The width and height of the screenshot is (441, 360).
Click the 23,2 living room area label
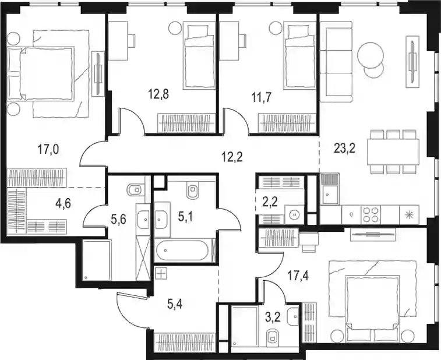pos(344,149)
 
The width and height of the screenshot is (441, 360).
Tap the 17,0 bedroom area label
pos(48,149)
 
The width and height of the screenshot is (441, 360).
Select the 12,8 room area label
pos(158,95)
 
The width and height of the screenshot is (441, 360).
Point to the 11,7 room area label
pos(262,98)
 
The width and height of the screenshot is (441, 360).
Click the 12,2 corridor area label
pos(232,157)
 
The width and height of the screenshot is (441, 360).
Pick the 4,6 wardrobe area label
pos(63,203)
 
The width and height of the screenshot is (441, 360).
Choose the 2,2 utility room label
pos(270,202)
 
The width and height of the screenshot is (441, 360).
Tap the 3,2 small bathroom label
pos(272,319)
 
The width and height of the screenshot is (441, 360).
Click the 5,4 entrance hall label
pos(175,304)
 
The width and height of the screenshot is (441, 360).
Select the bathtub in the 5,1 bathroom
pos(182,250)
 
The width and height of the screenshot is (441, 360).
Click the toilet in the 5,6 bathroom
pos(136,190)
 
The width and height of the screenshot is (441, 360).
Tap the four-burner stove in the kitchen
pos(371,215)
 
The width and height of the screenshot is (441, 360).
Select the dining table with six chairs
pos(393,151)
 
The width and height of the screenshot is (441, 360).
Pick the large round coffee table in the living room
pos(370,55)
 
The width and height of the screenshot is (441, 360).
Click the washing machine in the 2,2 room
pos(294,214)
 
